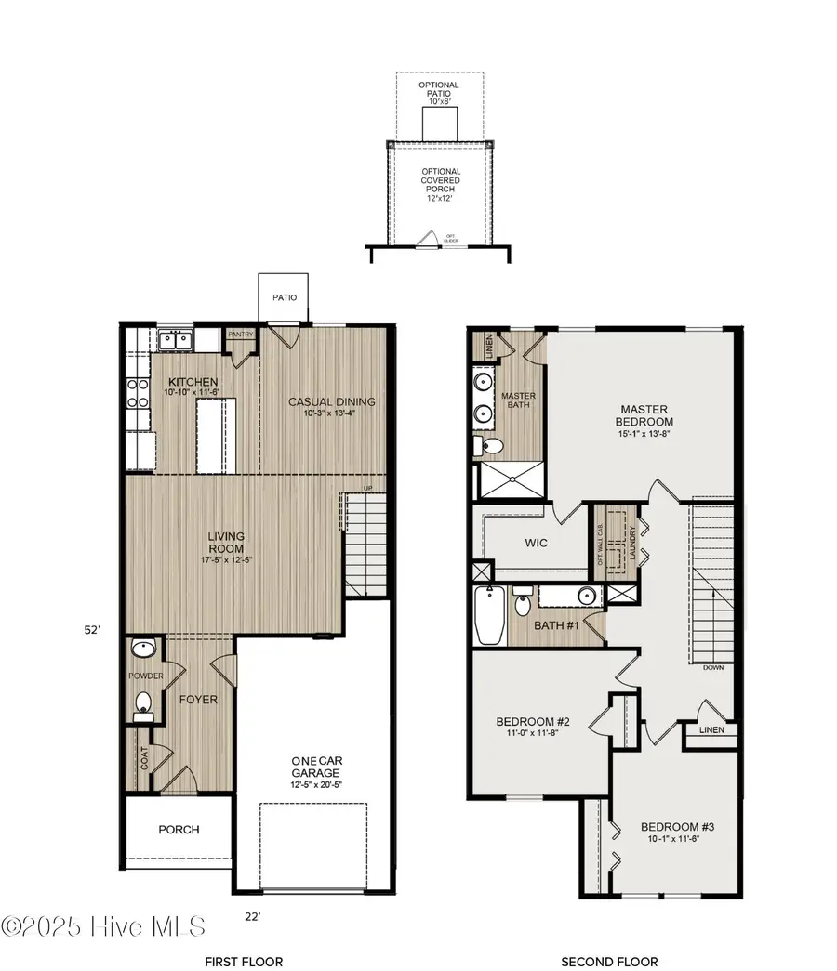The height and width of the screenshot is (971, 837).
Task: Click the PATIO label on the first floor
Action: (286, 298)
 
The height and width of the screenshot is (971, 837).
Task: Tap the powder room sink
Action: (142, 649)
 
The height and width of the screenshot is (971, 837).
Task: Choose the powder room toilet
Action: (142, 705)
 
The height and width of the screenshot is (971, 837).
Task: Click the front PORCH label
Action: (179, 830)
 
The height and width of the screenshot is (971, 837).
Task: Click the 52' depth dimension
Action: (92, 629)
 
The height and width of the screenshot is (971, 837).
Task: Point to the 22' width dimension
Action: (253, 916)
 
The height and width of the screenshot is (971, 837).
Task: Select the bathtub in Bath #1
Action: (488, 615)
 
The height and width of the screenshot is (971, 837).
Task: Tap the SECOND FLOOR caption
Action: (609, 962)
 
